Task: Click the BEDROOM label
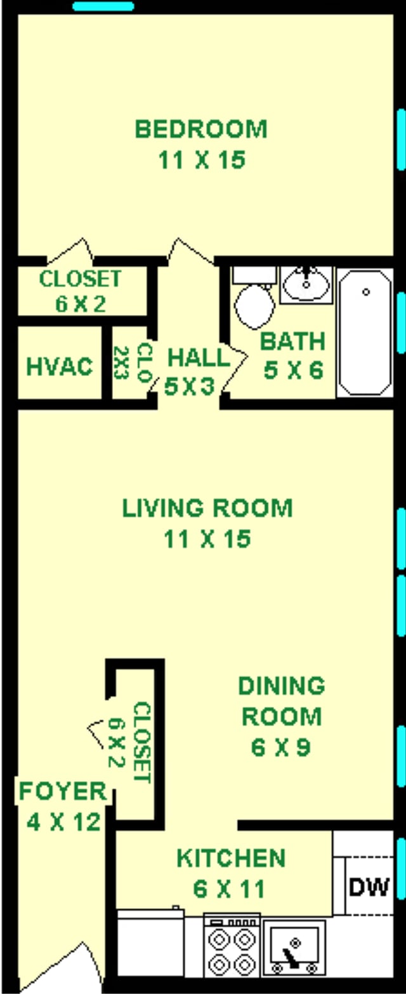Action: point(201,129)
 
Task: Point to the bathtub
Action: point(365,333)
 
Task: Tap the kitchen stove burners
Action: point(232,948)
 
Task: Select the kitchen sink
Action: point(294,948)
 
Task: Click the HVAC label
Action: point(60,366)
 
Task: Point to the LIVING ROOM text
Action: point(207,509)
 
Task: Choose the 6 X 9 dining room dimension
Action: point(280,748)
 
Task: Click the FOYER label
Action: point(63,791)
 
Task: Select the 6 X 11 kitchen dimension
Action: point(229,889)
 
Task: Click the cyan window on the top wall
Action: point(103,6)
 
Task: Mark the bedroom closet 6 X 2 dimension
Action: point(81,304)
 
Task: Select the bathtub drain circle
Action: point(365,292)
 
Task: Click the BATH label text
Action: point(292,341)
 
